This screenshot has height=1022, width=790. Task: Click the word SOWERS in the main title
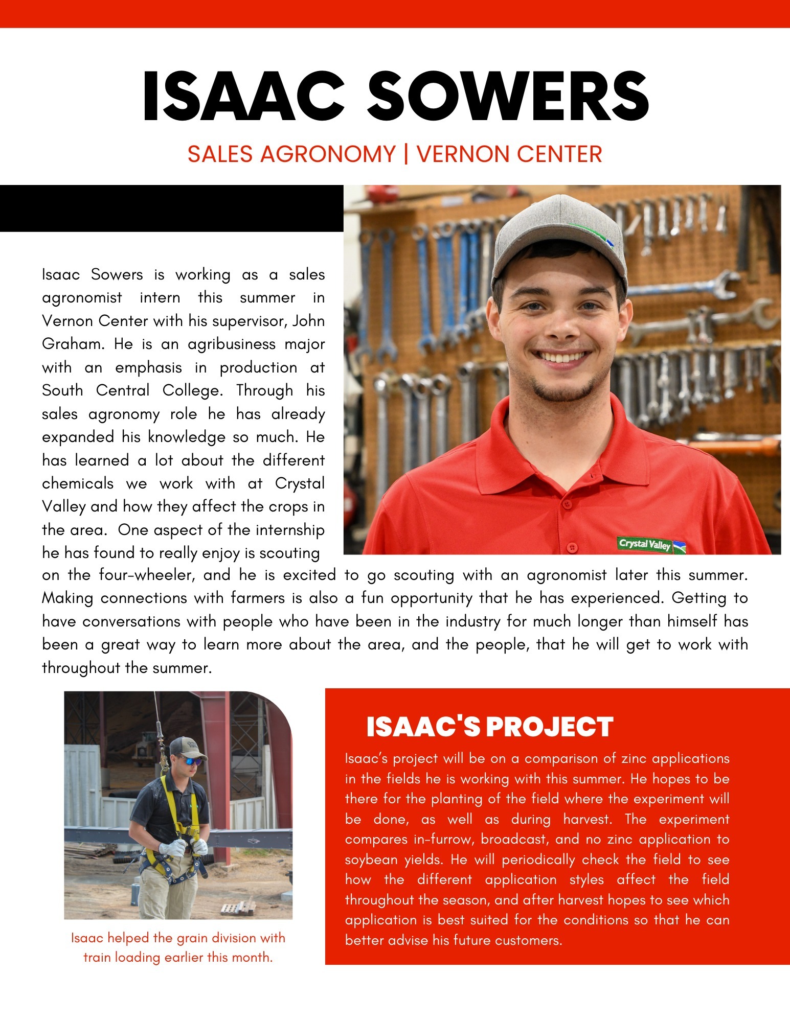[x=508, y=96]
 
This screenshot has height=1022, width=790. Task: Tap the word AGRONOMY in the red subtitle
[x=328, y=154]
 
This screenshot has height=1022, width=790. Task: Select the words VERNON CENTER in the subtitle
[x=509, y=154]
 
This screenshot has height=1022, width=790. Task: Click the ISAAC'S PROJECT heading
[x=489, y=727]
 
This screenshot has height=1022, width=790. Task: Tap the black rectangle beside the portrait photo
[x=171, y=208]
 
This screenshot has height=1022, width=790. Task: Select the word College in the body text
[x=192, y=390]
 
